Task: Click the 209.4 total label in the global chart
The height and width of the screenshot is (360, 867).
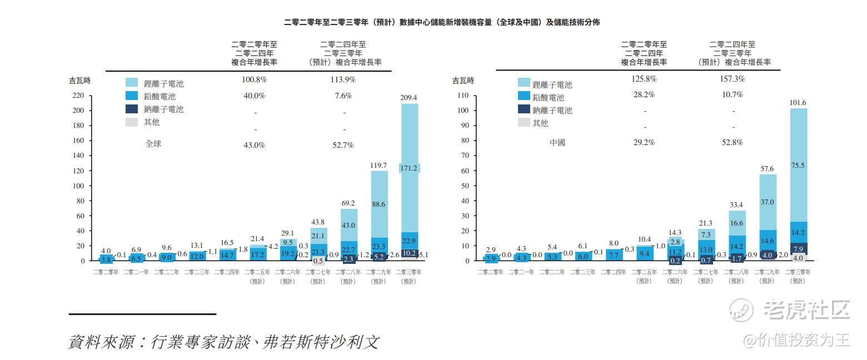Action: pos(408,98)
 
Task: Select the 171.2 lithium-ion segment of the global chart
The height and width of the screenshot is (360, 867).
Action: pos(408,168)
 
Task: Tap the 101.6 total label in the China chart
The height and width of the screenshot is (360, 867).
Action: pos(798,103)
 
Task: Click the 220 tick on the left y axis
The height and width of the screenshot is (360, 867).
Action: pos(78,96)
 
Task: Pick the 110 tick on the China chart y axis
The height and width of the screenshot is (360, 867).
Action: pos(463,96)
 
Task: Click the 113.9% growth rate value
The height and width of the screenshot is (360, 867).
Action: pos(343,79)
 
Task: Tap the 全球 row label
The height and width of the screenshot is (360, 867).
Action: pos(153,144)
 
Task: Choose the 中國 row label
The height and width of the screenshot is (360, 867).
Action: pos(557,143)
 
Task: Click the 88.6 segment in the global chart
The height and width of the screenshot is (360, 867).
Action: pos(379,204)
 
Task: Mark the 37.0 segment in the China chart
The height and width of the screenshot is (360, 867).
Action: pos(768,202)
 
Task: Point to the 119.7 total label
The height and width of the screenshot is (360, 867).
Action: pos(379,166)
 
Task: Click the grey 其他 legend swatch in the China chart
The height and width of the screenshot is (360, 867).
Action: pos(524,123)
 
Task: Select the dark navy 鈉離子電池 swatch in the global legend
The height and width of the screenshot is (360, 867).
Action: pos(131,109)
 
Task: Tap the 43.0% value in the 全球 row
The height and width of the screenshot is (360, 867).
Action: pos(254,145)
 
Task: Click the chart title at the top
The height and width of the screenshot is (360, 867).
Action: pos(441,22)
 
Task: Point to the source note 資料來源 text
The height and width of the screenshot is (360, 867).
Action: pos(223,341)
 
